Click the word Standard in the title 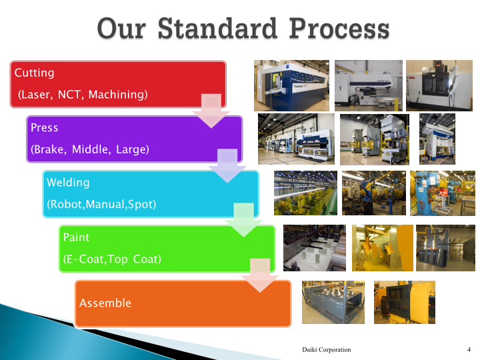217,28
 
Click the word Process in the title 339,28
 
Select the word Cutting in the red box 34,73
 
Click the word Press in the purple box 45,127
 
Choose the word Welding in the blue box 68,183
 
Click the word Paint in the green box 76,237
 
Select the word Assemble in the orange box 105,303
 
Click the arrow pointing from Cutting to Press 211,111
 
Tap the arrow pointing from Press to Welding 227,166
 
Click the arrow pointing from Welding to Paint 244,220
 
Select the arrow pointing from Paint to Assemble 260,275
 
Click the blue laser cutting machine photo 292,86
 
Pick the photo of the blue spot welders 443,193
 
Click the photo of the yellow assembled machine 405,303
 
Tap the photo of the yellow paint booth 383,248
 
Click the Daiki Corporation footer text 327,349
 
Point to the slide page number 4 469,349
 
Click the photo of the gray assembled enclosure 333,303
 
